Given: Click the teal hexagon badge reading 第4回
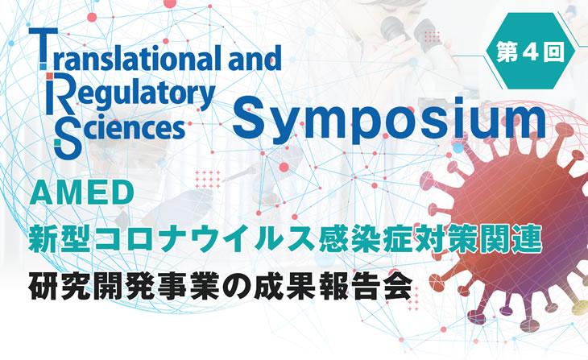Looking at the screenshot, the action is [x=530, y=51].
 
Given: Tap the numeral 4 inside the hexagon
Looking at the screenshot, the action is [x=530, y=52].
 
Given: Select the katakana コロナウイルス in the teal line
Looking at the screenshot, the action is [x=203, y=238].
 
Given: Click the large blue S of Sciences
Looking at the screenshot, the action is [x=68, y=137].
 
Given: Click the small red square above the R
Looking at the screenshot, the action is [x=49, y=77].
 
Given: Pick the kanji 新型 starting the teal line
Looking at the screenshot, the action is [x=60, y=238].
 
